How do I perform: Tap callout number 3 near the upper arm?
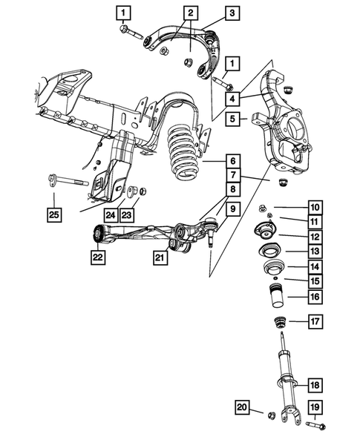pyautogui.click(x=232, y=13)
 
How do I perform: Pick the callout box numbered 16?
pyautogui.click(x=314, y=298)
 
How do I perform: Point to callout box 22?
pyautogui.click(x=97, y=257)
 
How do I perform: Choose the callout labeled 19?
pyautogui.click(x=314, y=407)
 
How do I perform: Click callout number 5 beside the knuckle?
pyautogui.click(x=232, y=118)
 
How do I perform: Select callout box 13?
pyautogui.click(x=314, y=252)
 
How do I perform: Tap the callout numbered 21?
pyautogui.click(x=158, y=257)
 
